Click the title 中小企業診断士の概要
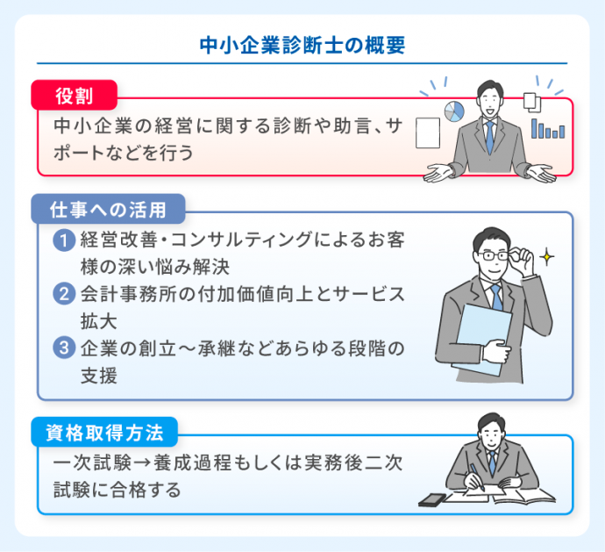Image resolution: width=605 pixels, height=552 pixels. (x=302, y=46)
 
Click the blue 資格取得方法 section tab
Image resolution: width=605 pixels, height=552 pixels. (x=104, y=432)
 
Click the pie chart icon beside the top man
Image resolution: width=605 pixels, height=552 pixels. (x=454, y=111)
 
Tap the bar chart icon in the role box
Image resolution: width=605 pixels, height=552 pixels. (x=550, y=130)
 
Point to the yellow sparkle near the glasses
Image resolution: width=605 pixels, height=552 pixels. (x=547, y=257)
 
